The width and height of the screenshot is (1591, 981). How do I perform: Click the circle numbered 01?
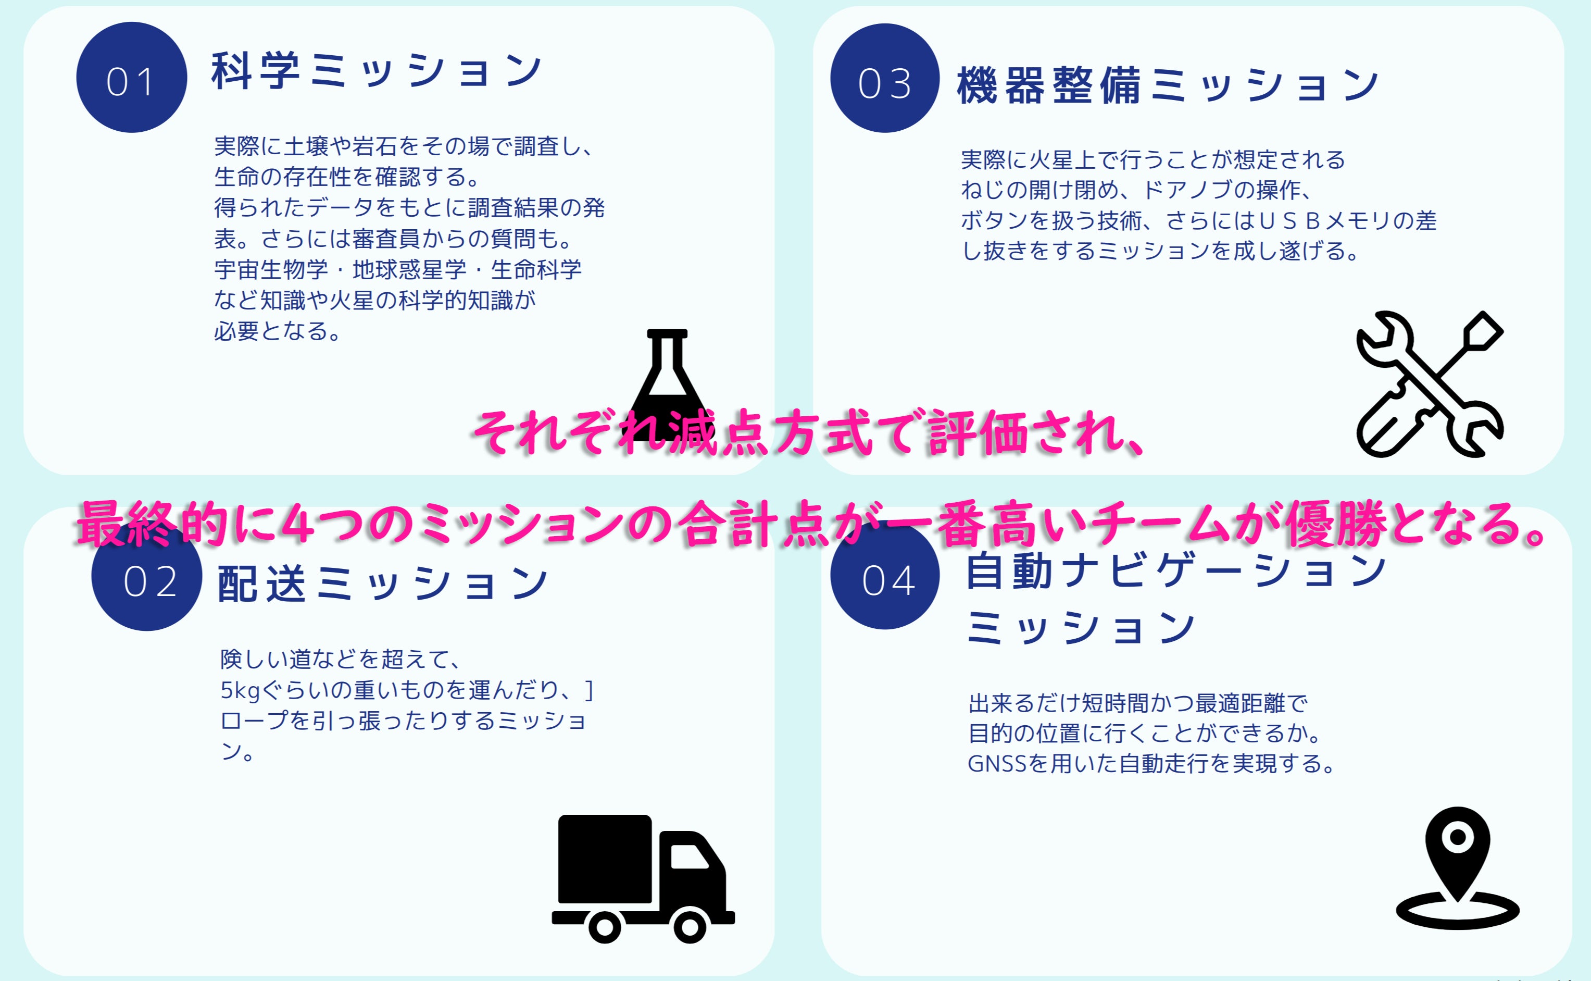pos(132,78)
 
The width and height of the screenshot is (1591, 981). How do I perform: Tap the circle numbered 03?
pos(885,79)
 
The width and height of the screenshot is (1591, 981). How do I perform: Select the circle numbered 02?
pos(147,577)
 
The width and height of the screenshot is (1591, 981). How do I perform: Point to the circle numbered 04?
pos(885,576)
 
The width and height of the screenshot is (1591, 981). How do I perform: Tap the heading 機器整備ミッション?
pos(1168,85)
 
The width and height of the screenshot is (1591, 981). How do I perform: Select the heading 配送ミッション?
pos(383,582)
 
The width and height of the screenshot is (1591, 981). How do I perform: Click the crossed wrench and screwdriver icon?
pos(1430,384)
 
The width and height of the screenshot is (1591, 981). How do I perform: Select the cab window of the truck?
pos(688,856)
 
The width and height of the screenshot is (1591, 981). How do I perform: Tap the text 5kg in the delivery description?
pos(240,690)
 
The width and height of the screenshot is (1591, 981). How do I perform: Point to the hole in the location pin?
pos(1457,837)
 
